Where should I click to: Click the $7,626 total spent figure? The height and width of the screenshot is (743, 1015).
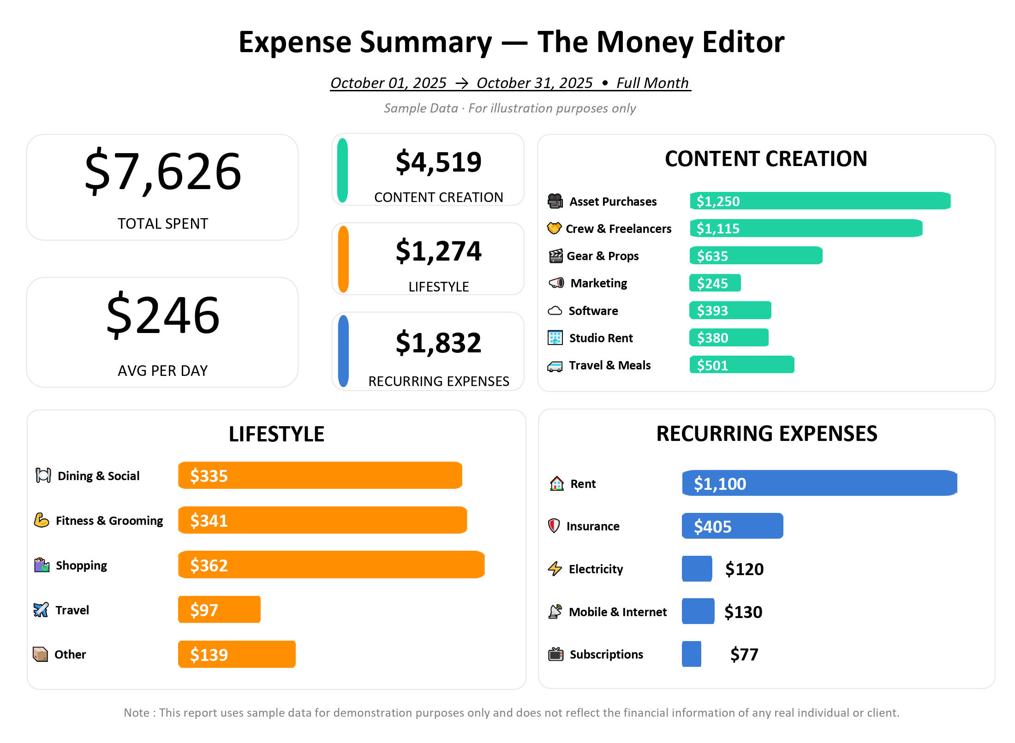163,172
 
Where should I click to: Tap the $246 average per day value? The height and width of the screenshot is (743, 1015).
163,315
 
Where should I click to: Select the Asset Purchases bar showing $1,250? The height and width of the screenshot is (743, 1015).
820,201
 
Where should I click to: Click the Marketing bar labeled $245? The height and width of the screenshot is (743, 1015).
715,283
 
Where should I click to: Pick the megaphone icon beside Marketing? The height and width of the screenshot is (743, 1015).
556,283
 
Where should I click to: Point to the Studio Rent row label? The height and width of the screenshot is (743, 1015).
601,338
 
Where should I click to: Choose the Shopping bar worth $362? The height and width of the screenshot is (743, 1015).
331,565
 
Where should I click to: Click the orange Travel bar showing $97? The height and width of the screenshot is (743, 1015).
219,610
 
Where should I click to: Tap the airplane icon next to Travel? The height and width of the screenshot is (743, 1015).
41,610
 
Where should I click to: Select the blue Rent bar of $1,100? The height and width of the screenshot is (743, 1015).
819,483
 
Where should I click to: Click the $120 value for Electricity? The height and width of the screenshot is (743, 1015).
744,569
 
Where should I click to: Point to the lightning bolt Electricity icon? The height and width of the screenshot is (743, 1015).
555,569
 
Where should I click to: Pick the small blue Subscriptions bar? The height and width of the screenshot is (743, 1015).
691,654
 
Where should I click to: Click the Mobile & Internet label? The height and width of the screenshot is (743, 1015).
617,612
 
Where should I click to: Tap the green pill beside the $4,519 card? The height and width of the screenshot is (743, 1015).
342,170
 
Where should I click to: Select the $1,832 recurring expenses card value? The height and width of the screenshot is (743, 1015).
438,343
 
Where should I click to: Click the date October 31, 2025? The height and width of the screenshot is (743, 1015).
534,83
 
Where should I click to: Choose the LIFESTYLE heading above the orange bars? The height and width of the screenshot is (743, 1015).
276,434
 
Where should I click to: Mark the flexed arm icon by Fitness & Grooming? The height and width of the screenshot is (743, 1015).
42,520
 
